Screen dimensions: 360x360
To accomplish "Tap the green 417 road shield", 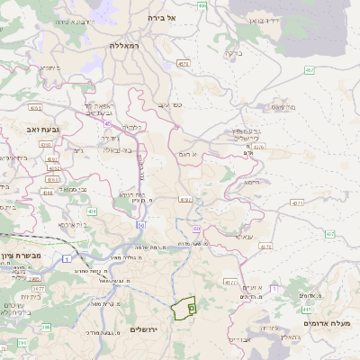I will [x=307, y=309].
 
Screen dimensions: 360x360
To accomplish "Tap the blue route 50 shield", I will [x=141, y=224].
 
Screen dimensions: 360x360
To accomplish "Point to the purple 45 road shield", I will [x=142, y=162].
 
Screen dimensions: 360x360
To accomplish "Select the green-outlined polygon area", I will [x=184, y=309].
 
